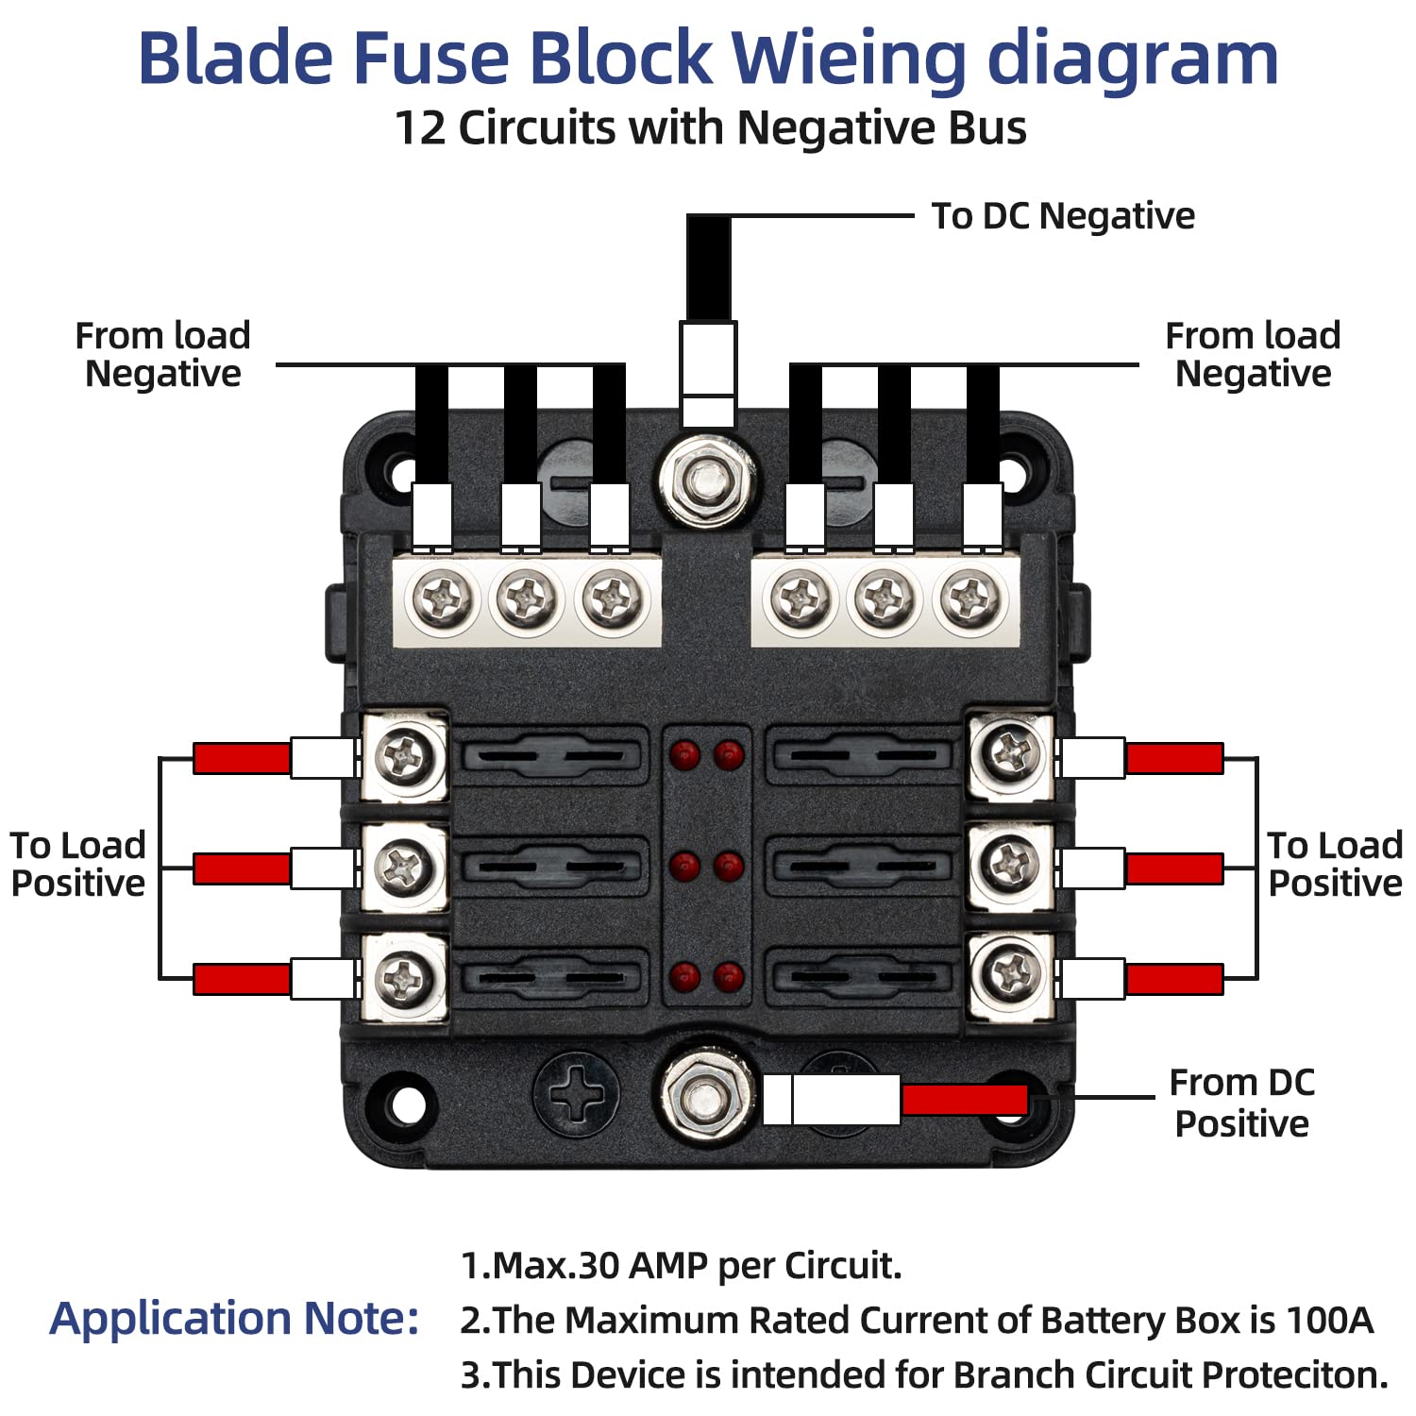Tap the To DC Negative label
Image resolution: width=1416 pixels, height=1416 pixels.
[x=1063, y=216]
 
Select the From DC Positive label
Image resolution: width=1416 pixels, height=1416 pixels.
[x=1241, y=1104]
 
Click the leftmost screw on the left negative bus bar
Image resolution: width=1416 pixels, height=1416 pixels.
[x=442, y=598]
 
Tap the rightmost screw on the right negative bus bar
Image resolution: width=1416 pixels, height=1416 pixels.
[x=970, y=598]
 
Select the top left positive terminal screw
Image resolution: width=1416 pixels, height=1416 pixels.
[x=405, y=756]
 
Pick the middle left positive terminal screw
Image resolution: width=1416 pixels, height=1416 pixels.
[x=405, y=866]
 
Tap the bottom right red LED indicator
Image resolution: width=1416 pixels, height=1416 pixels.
[x=728, y=976]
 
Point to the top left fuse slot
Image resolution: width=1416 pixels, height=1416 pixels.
[x=551, y=756]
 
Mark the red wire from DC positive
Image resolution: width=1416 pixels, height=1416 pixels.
[x=964, y=1100]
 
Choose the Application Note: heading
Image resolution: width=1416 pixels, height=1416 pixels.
[x=234, y=1319]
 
